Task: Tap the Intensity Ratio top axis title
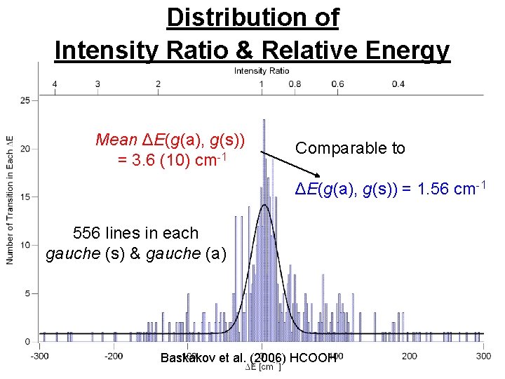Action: coord(261,71)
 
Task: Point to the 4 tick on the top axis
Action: coord(55,84)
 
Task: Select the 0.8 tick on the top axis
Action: coord(295,84)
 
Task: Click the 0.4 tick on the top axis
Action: coord(398,84)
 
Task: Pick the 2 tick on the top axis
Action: coord(159,84)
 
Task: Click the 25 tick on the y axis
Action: coord(25,100)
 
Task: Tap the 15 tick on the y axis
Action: coord(25,197)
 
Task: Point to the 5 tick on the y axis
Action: coord(27,293)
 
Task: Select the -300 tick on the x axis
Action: coord(40,356)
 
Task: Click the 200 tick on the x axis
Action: coord(409,356)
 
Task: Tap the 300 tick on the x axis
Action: coord(483,356)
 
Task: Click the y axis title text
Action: coord(10,199)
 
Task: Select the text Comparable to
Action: coord(350,148)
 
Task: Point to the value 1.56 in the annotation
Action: coord(424,189)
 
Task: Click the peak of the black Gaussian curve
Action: coord(264,205)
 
